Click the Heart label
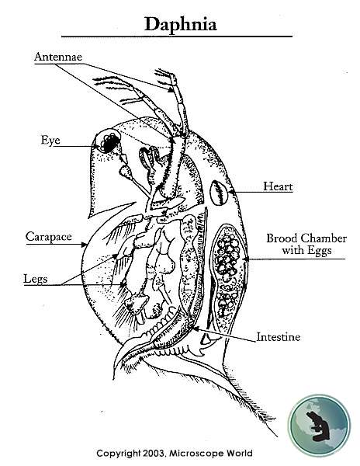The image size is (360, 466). [x=277, y=186]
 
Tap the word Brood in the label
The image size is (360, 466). [x=282, y=238]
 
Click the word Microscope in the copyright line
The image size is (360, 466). [x=201, y=453]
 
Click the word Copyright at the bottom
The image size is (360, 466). [x=120, y=453]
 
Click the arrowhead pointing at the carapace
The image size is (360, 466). [x=87, y=245]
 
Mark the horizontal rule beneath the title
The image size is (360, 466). [x=177, y=37]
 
